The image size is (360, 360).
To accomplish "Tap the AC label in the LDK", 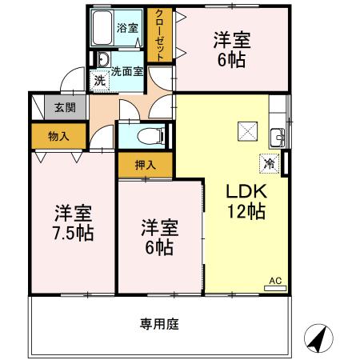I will pos(274,281).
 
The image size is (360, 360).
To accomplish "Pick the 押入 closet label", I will pos(145,165).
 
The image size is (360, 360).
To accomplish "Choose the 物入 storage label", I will pos(58,136).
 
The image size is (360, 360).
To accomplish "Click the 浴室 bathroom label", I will pos(128,27).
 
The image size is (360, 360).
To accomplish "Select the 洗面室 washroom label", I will pos(127,71).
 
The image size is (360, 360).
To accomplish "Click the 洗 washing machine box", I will pos(99,79).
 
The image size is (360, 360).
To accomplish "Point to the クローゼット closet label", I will pos(160,34).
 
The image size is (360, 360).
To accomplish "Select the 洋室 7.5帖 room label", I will pos(73,223).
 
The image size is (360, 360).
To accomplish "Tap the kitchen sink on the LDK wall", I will pos(277,134).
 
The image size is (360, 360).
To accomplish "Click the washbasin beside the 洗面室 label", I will pos(103,59).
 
